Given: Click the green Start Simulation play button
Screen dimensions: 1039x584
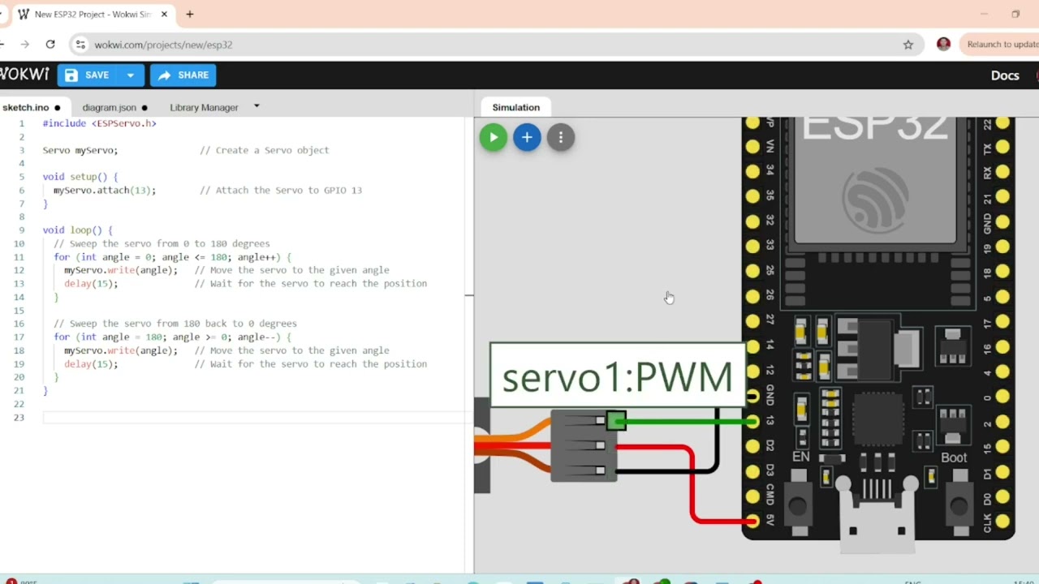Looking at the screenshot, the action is (x=493, y=137).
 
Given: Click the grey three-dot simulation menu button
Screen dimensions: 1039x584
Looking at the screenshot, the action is (x=560, y=137).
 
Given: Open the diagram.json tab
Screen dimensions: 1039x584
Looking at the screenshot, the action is (x=110, y=107).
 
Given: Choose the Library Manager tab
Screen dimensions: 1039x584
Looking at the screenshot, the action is (x=204, y=107).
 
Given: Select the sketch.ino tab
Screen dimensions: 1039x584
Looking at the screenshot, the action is (x=25, y=107).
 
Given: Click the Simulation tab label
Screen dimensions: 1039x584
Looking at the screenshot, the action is (x=515, y=107).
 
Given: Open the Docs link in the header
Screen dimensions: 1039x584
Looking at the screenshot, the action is (x=1004, y=75).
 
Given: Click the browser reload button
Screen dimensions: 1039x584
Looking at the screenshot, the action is (x=50, y=45).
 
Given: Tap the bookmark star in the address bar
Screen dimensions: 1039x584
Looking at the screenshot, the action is (x=908, y=45).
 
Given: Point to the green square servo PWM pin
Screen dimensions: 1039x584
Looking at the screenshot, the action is (x=616, y=420).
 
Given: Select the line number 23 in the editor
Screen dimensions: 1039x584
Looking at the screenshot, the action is (x=22, y=417).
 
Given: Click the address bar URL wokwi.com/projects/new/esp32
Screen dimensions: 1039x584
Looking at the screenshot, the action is (x=163, y=45).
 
